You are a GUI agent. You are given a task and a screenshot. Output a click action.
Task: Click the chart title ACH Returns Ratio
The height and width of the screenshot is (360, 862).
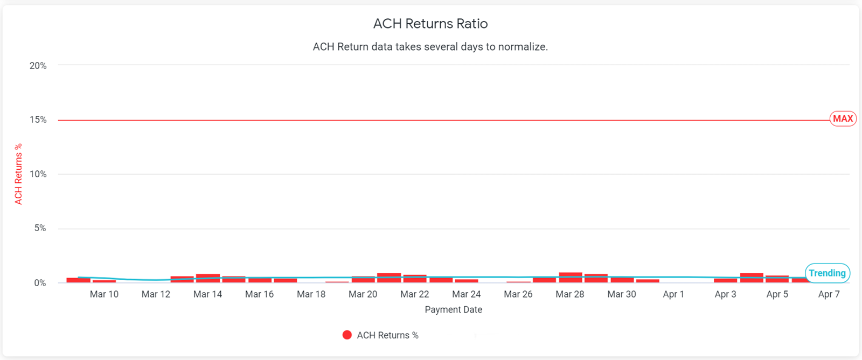coord(430,24)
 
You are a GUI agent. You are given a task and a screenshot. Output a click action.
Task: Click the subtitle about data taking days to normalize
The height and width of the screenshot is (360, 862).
coord(430,47)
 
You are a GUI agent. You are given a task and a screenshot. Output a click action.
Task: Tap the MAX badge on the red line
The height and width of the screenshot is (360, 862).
coord(843,119)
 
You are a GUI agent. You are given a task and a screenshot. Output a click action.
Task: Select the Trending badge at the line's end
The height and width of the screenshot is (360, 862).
coord(827,273)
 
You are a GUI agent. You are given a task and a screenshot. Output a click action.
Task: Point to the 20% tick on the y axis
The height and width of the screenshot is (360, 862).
coord(38,66)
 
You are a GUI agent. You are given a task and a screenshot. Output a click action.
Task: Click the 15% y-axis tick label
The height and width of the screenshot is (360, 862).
coord(38,120)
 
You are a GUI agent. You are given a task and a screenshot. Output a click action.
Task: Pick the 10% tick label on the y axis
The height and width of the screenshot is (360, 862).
coord(38,174)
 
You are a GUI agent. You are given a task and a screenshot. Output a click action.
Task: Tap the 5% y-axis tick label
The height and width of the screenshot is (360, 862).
coord(40,228)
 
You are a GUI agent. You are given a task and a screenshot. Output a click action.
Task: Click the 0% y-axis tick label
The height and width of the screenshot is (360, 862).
coord(40,283)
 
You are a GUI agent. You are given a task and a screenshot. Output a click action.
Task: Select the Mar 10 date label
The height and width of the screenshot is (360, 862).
coord(104,294)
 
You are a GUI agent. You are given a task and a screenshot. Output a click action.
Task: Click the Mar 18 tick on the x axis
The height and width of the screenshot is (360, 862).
coord(311,294)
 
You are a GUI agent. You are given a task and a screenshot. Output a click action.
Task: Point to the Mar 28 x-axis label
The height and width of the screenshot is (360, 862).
coord(569,294)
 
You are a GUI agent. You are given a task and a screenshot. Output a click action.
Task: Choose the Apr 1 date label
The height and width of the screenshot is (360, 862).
coord(673,294)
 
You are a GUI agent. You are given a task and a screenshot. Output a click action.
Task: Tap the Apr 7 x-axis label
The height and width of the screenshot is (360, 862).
coord(829,294)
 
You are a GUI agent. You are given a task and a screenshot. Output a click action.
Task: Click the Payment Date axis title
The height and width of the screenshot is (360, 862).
coord(453,310)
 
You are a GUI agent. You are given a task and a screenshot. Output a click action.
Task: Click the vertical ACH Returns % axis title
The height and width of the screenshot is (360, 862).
coord(18,174)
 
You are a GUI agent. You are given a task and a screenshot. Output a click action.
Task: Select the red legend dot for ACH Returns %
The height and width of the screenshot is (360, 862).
coord(347,335)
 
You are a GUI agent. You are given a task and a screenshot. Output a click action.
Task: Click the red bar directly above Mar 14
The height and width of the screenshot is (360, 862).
coord(208,278)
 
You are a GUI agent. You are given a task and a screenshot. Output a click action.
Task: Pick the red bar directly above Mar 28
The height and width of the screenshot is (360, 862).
coord(571,278)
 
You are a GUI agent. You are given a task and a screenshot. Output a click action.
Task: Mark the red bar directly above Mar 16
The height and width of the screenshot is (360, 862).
coord(260,280)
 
